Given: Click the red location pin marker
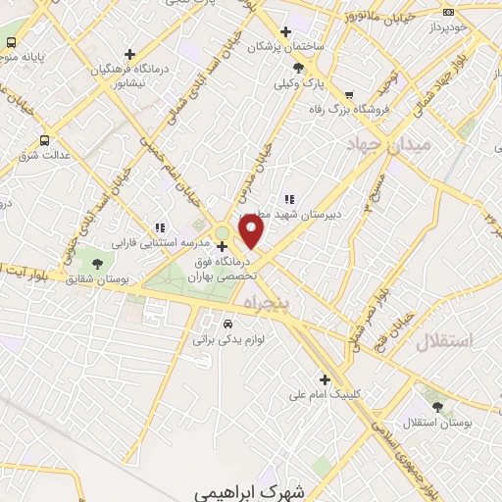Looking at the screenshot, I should click(x=253, y=232).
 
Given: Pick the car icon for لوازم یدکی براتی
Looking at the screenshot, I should click(x=227, y=322).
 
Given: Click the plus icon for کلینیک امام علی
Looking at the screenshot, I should click(x=326, y=380).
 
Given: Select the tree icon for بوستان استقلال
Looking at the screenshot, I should click(x=436, y=407).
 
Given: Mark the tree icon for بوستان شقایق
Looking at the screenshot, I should click(x=96, y=264).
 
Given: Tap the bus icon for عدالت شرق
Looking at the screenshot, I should click(x=44, y=140).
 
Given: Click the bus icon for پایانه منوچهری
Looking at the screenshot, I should click(x=12, y=43).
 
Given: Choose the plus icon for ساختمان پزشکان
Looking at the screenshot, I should click(x=285, y=30).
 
